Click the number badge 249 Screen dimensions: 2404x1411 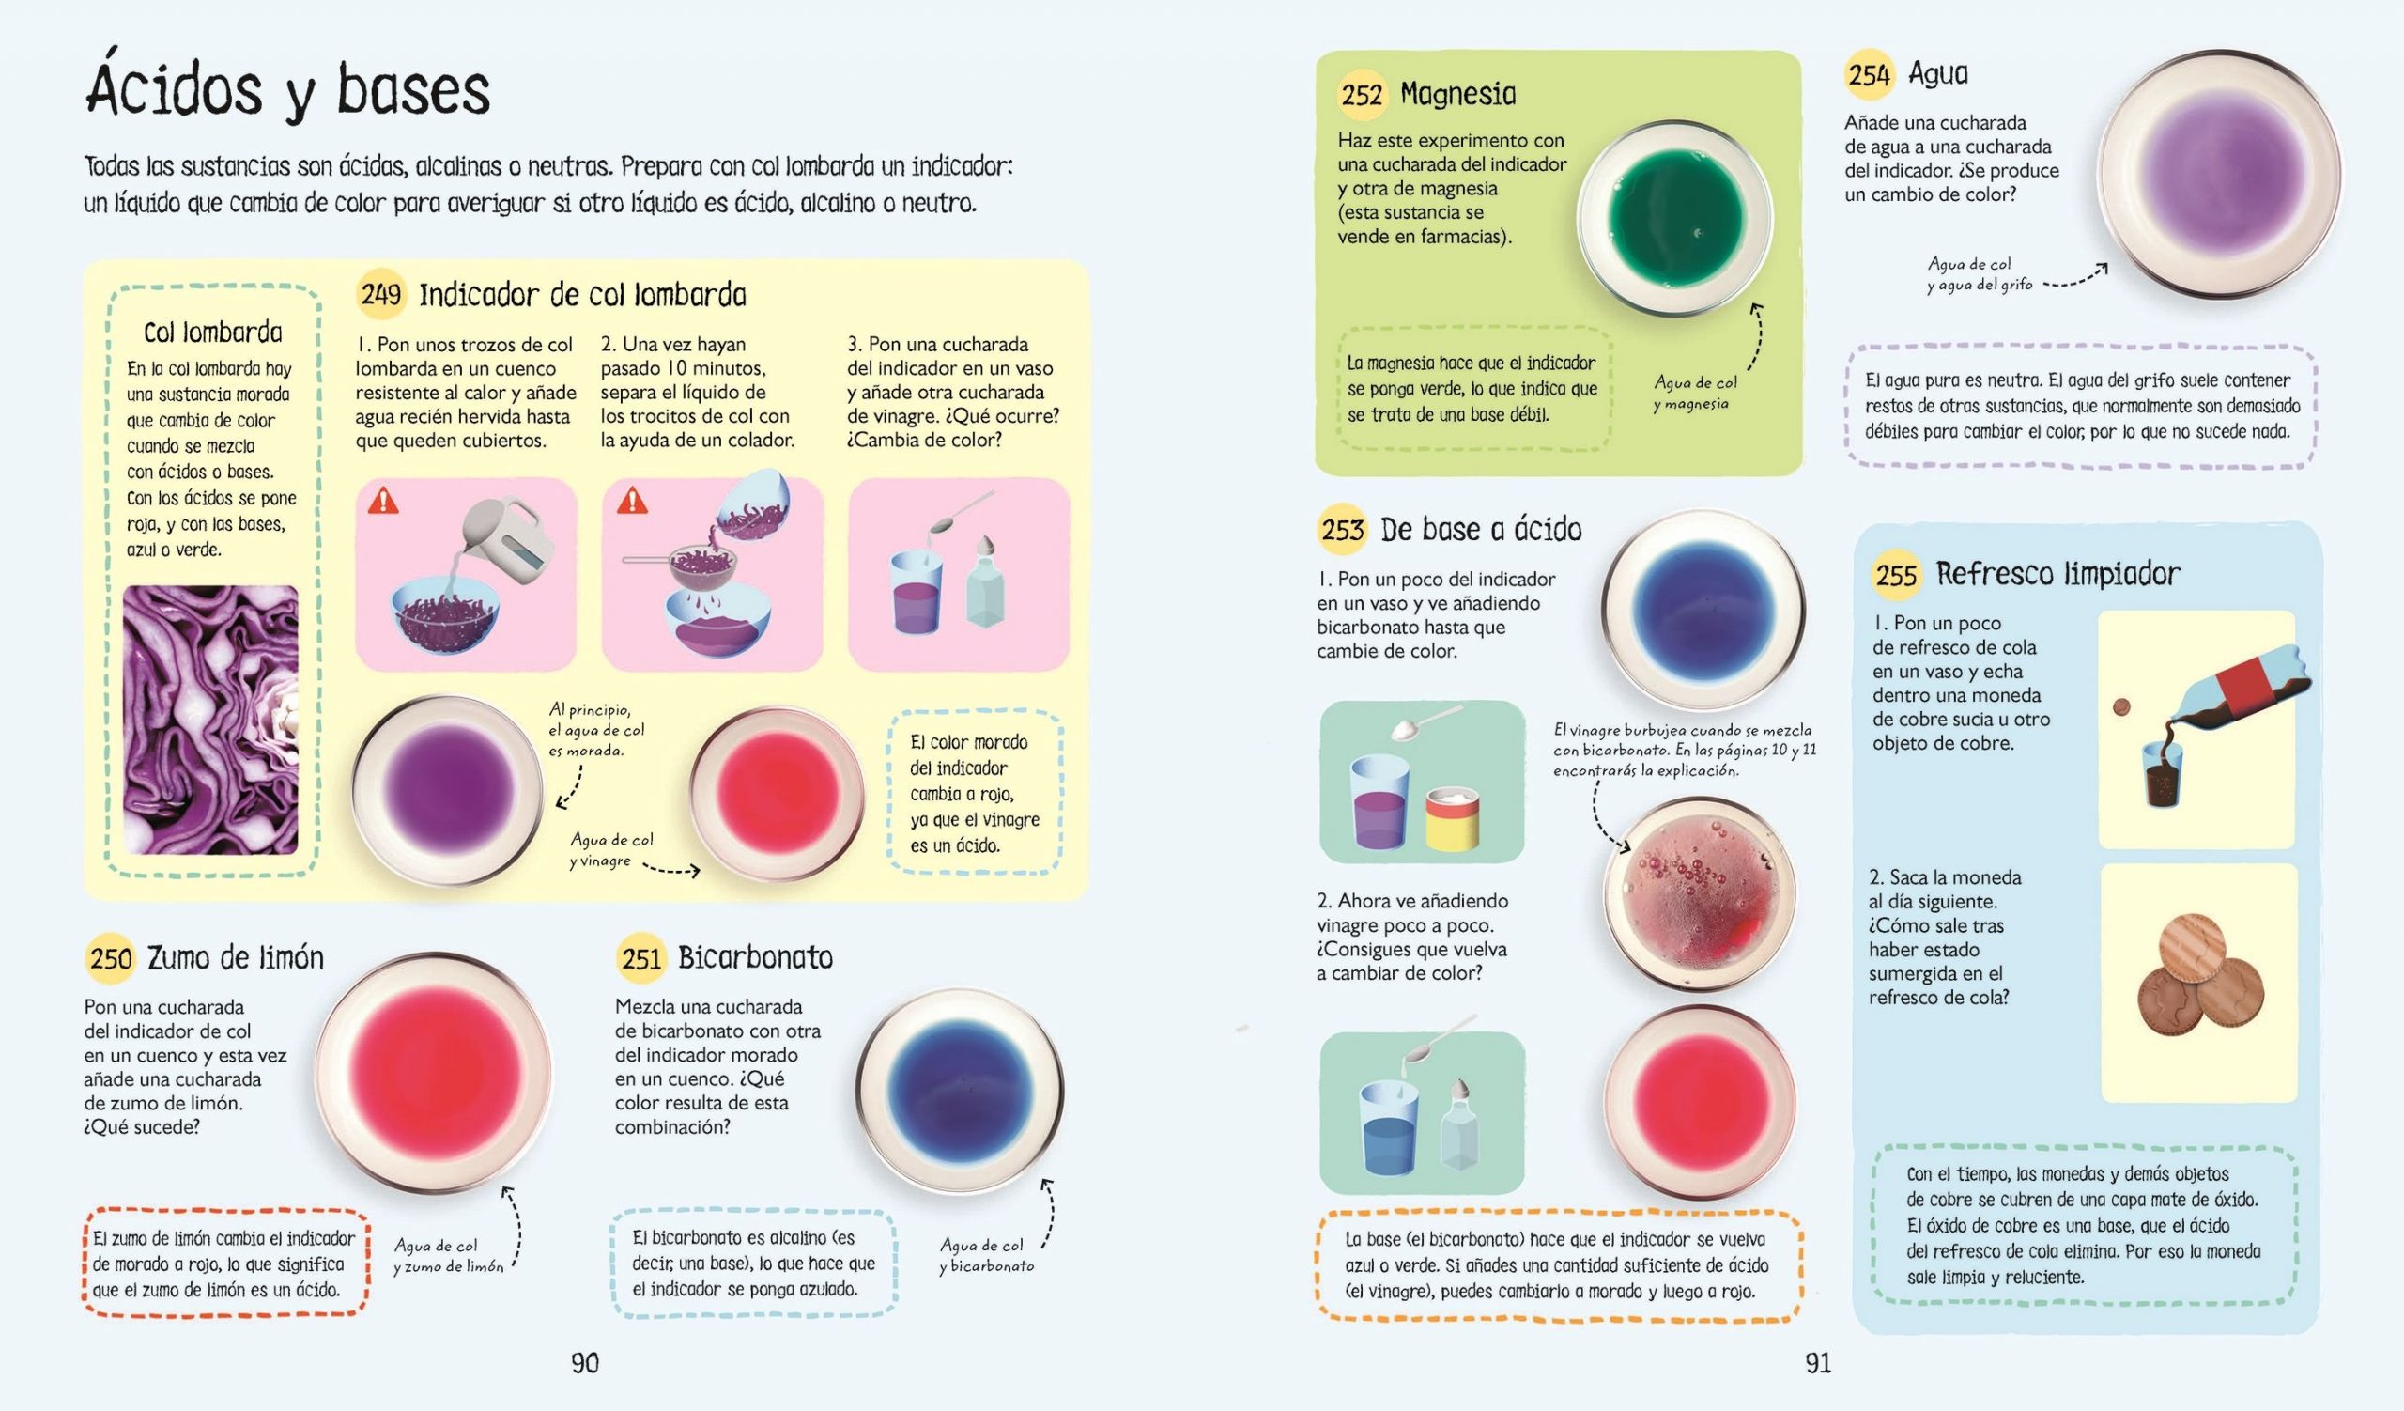[x=381, y=294]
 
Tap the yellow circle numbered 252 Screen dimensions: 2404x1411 [x=1363, y=95]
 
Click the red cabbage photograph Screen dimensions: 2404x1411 [x=211, y=721]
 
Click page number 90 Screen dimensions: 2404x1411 [x=585, y=1363]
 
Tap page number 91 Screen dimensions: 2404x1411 [x=1818, y=1363]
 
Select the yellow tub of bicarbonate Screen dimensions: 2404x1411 [x=1453, y=818]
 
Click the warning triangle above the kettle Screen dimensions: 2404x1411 [x=383, y=501]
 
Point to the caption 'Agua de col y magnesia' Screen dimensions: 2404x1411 [x=1694, y=392]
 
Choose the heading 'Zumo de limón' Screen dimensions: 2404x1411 [x=236, y=957]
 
